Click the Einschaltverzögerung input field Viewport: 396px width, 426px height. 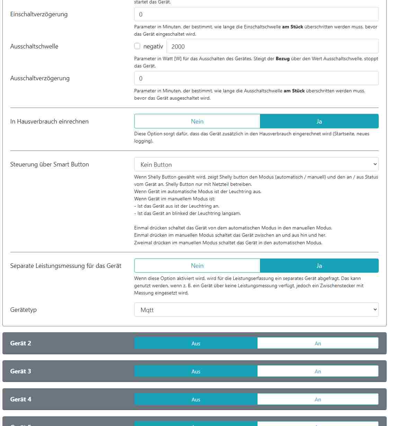click(x=256, y=15)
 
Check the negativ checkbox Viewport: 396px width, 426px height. click(x=137, y=46)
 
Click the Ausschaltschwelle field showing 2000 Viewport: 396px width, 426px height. click(x=272, y=46)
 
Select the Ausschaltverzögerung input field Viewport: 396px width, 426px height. click(x=256, y=79)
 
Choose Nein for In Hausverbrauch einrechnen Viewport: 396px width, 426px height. click(x=197, y=121)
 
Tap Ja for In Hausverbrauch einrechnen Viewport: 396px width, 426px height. click(x=319, y=121)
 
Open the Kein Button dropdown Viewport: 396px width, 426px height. click(x=256, y=164)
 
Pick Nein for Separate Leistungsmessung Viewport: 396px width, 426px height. click(x=197, y=266)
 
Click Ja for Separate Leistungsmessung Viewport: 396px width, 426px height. click(x=319, y=266)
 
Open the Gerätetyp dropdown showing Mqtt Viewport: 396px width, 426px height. click(x=256, y=310)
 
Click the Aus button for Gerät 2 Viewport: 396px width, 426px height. click(x=196, y=343)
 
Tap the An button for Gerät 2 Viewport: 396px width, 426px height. click(x=318, y=343)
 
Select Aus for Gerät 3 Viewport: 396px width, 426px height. click(x=196, y=371)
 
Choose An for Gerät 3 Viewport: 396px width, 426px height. click(x=318, y=371)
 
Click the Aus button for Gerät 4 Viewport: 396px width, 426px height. click(x=196, y=399)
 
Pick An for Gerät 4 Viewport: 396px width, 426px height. click(x=318, y=399)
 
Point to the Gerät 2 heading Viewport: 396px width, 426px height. click(x=21, y=343)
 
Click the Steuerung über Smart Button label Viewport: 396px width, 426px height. click(x=49, y=164)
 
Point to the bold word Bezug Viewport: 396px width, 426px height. click(x=282, y=59)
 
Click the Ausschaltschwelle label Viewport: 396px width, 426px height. click(x=34, y=46)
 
